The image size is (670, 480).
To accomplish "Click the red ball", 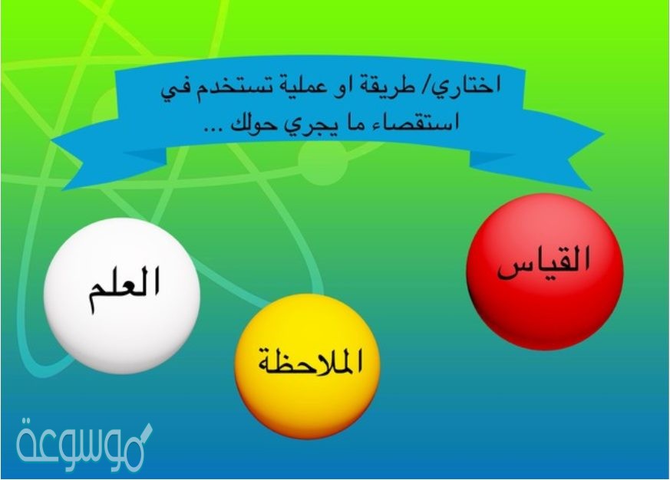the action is click(544, 271).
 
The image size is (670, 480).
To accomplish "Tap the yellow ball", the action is click(307, 366).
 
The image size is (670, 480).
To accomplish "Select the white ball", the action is click(122, 296).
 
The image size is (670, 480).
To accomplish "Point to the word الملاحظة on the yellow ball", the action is click(311, 361).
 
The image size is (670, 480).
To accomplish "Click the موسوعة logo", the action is click(84, 445).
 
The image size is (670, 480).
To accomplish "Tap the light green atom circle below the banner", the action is click(322, 162).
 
